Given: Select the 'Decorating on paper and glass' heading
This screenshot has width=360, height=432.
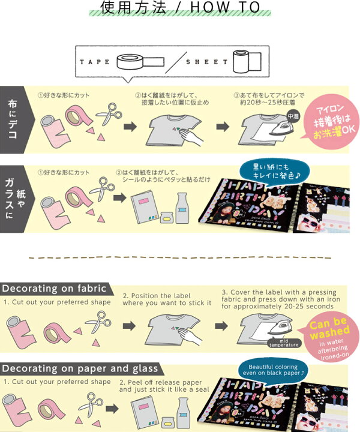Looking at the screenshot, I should coord(80,368).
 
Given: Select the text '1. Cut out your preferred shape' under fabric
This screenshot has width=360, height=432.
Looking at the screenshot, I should coord(57,302).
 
